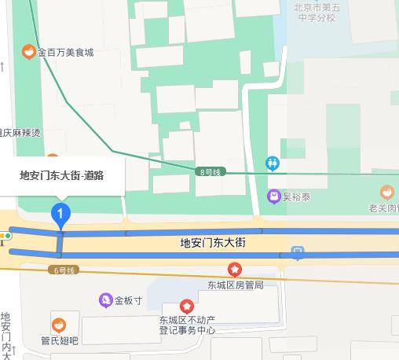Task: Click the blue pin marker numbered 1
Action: (61, 213)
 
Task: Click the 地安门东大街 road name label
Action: (213, 244)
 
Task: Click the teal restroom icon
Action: (273, 163)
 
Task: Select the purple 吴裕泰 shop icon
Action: (273, 196)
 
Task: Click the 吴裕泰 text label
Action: (297, 196)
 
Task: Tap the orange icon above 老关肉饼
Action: (386, 192)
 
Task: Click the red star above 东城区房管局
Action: (235, 270)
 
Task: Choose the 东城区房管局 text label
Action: (235, 285)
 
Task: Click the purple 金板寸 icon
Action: (105, 300)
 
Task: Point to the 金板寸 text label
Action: (128, 300)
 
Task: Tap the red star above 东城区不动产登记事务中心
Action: (187, 306)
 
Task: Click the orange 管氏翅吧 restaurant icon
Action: (59, 325)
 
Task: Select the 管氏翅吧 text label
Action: (60, 340)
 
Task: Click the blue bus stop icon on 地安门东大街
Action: (298, 253)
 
